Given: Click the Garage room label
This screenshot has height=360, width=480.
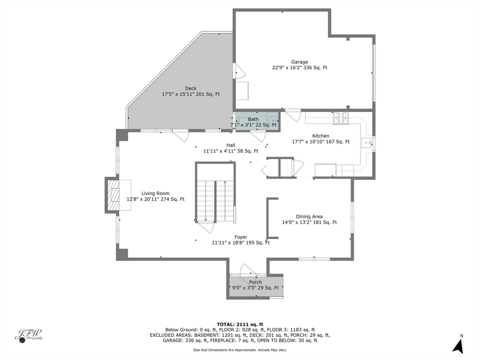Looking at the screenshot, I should pos(300,62).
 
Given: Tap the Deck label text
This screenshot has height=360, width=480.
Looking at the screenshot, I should pos(191,88).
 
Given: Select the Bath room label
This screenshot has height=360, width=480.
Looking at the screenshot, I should pos(253,119).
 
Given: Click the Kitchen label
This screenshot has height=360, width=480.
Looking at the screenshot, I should pos(321,136).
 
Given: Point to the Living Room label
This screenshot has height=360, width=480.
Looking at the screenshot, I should pos(156,193).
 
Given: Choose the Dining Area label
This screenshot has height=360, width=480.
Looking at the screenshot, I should pos(309,217).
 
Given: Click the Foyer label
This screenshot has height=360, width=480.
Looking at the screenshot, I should pos(240,237).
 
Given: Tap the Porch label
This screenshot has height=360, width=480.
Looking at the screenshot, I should pos(255,282).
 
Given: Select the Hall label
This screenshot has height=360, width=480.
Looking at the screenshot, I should pos(231,145).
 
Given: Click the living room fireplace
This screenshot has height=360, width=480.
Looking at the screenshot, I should pos(112,195).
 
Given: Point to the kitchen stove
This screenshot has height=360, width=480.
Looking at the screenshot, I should pos(341,119).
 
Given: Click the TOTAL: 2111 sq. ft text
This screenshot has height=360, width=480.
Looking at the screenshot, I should pos(240,324).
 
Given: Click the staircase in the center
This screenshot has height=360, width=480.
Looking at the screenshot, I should pos(215,201).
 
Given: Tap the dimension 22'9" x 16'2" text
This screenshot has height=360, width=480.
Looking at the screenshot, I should pos(300,67).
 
